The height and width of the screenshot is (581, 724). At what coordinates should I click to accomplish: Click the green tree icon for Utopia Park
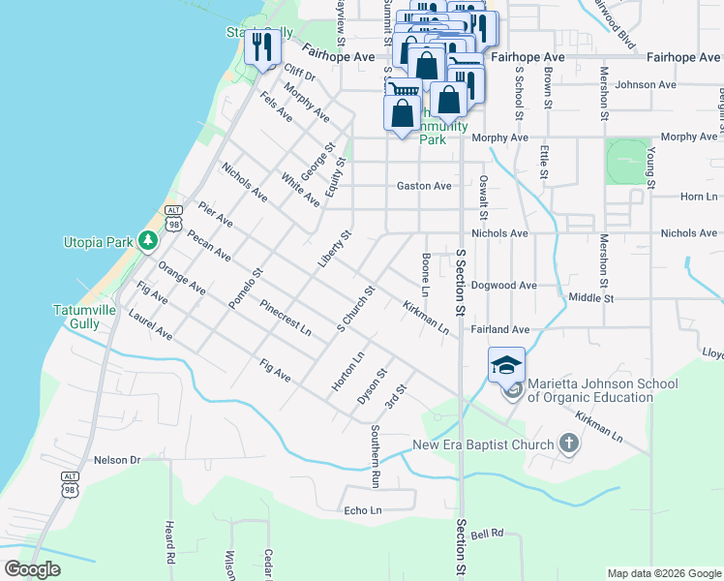[x=146, y=239]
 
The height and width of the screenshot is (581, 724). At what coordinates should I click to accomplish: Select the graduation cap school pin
[x=507, y=365]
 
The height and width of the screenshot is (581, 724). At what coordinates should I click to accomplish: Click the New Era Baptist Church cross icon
[x=568, y=444]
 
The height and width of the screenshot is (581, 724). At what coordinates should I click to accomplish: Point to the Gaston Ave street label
[x=424, y=186]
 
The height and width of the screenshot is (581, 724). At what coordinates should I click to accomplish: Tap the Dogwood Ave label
[x=503, y=286]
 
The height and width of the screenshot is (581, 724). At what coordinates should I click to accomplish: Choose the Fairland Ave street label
[x=500, y=329]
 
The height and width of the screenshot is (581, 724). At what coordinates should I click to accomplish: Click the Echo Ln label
[x=363, y=510]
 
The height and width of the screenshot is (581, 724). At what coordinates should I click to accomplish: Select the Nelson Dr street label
[x=117, y=460]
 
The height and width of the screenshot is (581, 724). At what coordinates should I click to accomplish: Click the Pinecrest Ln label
[x=286, y=318]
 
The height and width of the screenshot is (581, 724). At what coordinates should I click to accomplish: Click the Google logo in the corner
[x=33, y=569]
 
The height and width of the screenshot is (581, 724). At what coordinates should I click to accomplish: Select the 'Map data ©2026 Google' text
[x=663, y=573]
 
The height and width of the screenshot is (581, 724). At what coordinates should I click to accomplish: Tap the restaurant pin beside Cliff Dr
[x=261, y=46]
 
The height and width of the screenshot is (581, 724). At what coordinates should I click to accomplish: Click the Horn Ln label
[x=698, y=197]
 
